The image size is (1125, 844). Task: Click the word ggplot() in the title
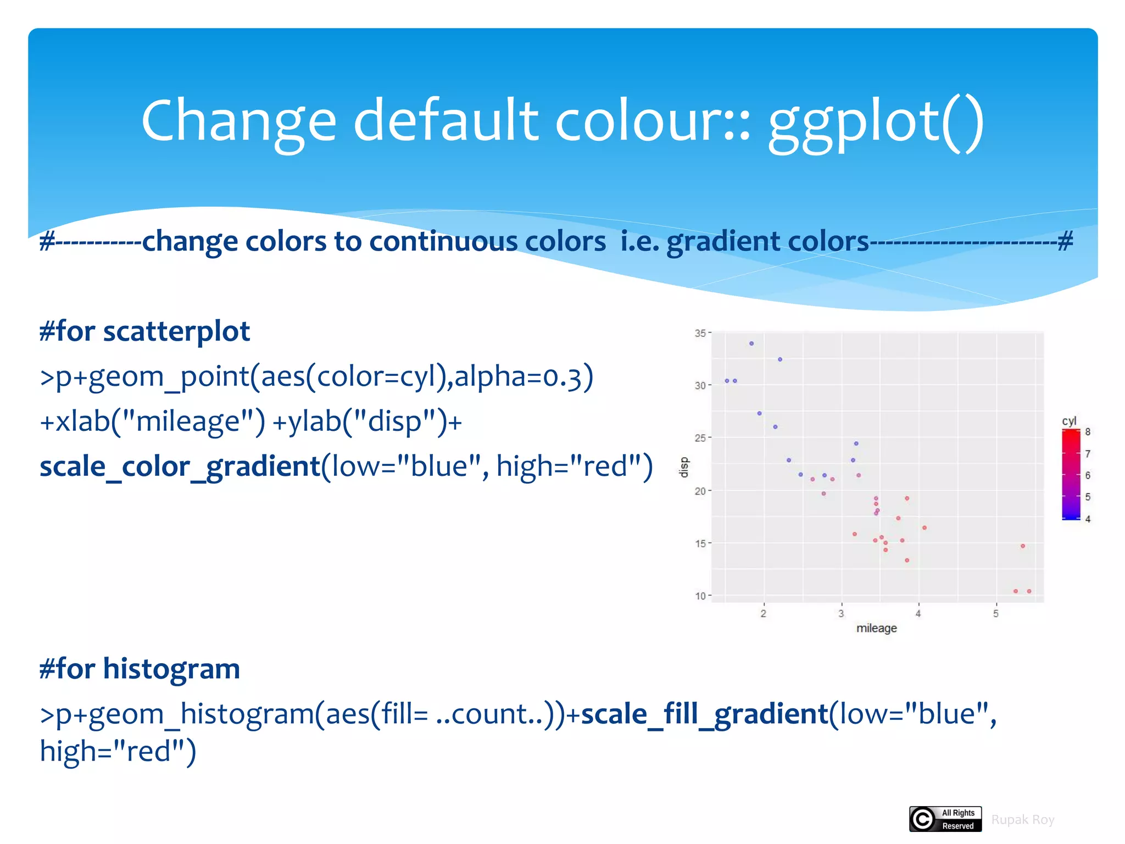click(876, 122)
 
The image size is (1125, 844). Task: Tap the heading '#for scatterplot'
click(145, 331)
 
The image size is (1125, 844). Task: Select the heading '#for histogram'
click(140, 669)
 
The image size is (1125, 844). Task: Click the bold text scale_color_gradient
click(180, 467)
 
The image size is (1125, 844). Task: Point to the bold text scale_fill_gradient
click(704, 714)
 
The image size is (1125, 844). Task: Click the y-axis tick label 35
click(700, 334)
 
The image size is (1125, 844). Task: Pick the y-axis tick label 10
click(700, 596)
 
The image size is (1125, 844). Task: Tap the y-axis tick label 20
click(700, 491)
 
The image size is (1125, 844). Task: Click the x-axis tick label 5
click(996, 614)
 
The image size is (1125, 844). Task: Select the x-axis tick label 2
click(764, 614)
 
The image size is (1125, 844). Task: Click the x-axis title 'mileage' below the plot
click(876, 628)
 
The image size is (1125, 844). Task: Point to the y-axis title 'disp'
click(684, 467)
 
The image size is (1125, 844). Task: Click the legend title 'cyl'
click(1069, 421)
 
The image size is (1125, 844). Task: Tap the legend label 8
click(1088, 432)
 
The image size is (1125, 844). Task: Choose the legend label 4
click(1088, 519)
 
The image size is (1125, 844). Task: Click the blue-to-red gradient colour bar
click(1071, 475)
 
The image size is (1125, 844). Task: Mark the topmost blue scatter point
click(751, 343)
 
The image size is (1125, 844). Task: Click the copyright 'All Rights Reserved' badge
click(945, 819)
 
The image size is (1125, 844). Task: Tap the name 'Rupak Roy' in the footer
click(1023, 820)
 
